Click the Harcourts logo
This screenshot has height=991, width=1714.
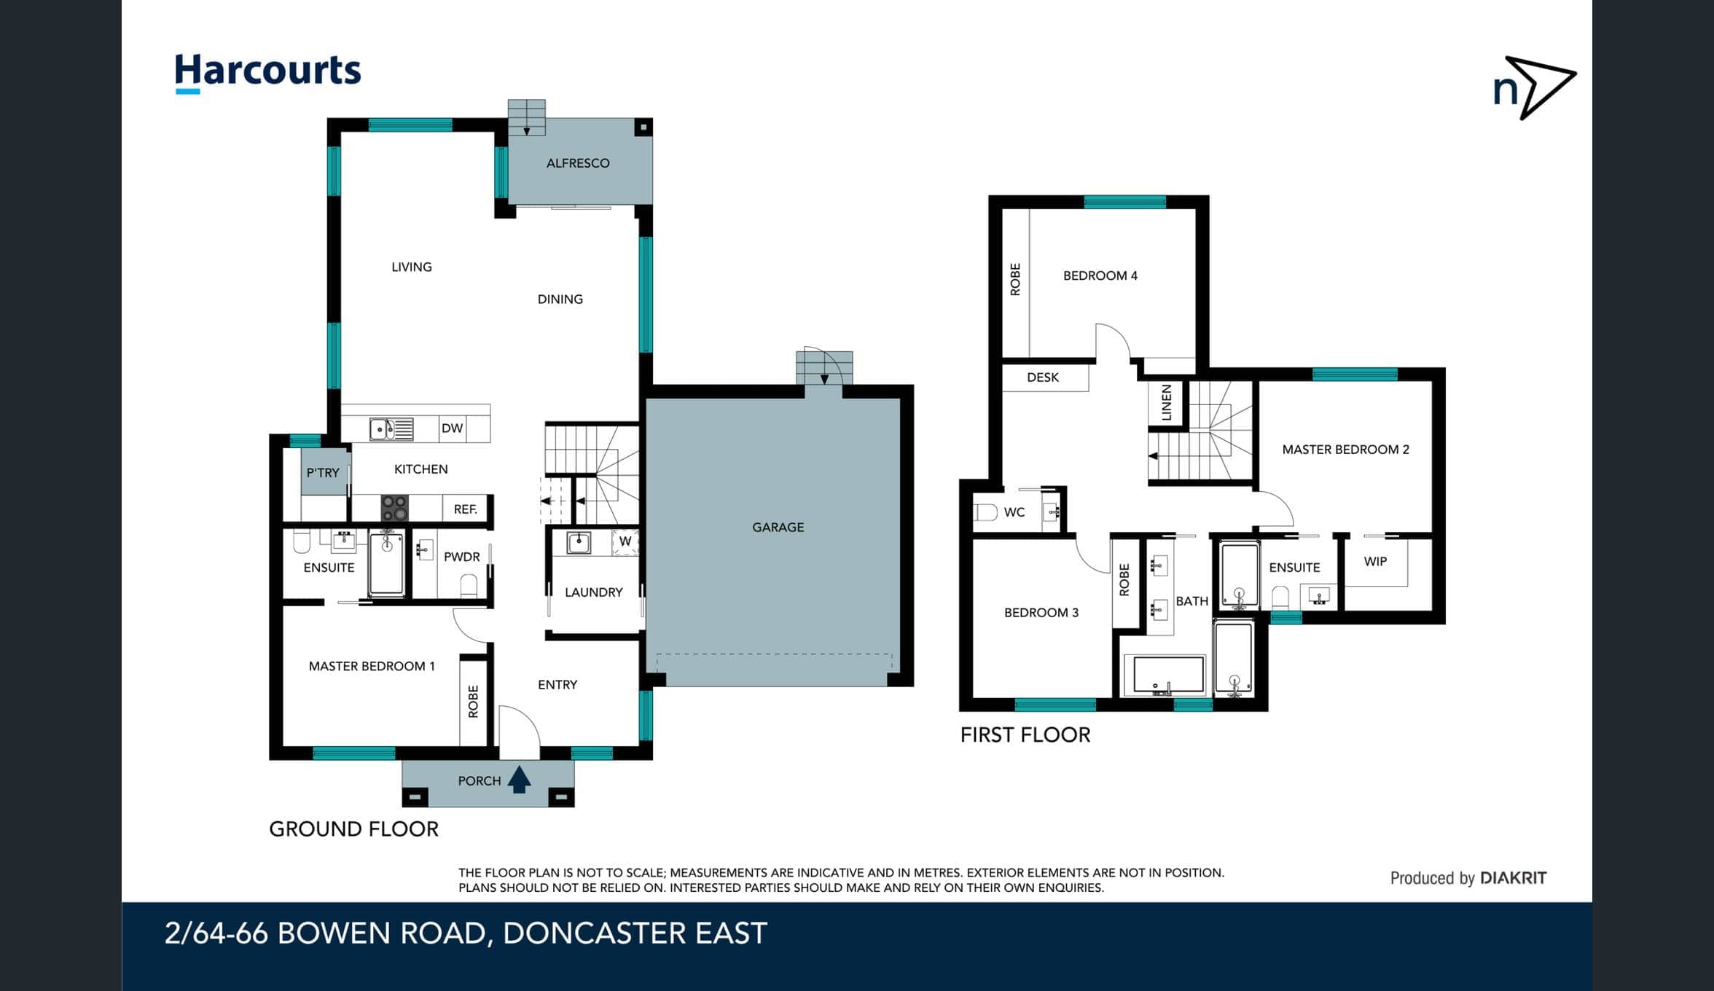click(x=267, y=74)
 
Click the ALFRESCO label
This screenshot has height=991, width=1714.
click(x=578, y=163)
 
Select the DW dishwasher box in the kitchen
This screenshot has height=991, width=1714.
click(x=453, y=428)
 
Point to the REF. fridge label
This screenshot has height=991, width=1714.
click(x=465, y=509)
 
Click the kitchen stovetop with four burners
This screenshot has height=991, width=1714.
click(x=395, y=508)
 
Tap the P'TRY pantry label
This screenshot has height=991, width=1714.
click(x=323, y=472)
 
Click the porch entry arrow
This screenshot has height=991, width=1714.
click(x=519, y=780)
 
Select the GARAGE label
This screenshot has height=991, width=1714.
click(x=778, y=527)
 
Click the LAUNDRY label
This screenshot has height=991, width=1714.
click(x=594, y=592)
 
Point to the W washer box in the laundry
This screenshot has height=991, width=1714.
click(x=625, y=542)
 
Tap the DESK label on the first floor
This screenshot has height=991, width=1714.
click(x=1043, y=377)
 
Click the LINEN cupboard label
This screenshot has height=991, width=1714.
click(x=1167, y=402)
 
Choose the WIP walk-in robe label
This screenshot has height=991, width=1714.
click(x=1375, y=562)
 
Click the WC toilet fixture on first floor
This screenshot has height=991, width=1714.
click(x=985, y=512)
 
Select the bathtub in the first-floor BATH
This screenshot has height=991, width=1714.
click(x=1164, y=675)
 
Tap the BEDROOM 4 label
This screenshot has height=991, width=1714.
click(x=1100, y=275)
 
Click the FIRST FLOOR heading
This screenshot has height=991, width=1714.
click(x=1025, y=735)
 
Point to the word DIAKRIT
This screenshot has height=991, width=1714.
click(x=1514, y=878)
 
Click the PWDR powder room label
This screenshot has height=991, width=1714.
click(x=462, y=557)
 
